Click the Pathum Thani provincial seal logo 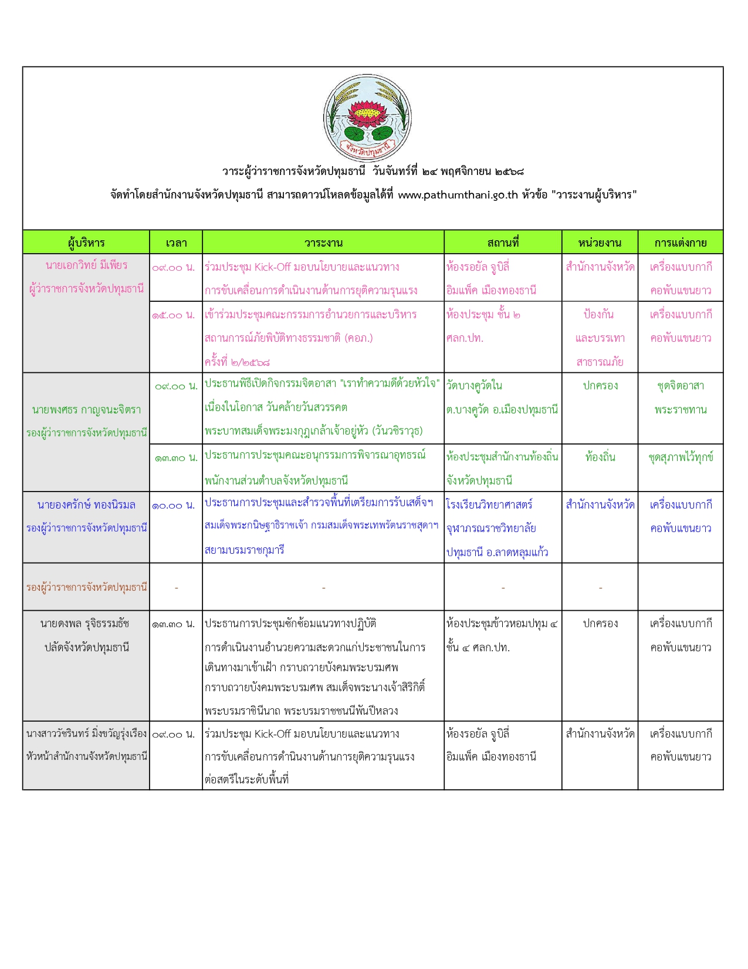point(367,118)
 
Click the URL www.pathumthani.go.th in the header point(458,195)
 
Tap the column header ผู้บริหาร point(86,243)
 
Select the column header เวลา point(176,243)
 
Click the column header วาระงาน point(323,243)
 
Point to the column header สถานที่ point(503,243)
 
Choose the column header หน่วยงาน point(600,243)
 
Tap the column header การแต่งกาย point(681,243)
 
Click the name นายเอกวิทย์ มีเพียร point(86,265)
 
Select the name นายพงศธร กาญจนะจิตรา point(86,409)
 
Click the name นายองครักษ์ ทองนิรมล point(86,505)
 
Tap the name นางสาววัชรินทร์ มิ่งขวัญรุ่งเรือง point(86,734)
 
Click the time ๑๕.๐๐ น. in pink point(174,315)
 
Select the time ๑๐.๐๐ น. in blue point(174,506)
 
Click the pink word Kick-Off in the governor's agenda point(272,267)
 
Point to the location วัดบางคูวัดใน point(474,386)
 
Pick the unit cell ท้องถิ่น point(600,457)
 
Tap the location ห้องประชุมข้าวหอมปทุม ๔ point(502,624)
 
